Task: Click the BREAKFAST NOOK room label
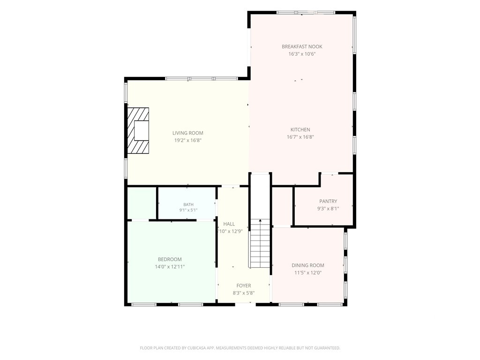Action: (x=302, y=46)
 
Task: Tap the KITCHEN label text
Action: (x=300, y=130)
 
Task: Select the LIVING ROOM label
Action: (x=187, y=133)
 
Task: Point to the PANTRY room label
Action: (x=328, y=201)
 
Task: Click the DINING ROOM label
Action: (x=307, y=265)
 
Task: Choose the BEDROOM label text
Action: (x=170, y=259)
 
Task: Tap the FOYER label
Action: (x=244, y=285)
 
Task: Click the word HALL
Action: (x=229, y=224)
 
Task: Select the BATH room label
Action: (x=188, y=204)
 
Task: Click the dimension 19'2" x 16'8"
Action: (x=187, y=141)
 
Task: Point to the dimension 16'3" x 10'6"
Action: (x=302, y=54)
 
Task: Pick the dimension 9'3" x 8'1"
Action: (x=328, y=209)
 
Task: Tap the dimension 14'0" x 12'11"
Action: (x=170, y=267)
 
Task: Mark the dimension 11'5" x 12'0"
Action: (x=307, y=273)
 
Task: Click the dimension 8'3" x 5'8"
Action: (x=244, y=293)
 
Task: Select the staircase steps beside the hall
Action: (x=260, y=243)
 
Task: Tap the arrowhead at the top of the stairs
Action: (x=260, y=220)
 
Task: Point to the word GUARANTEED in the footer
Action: (x=329, y=348)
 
